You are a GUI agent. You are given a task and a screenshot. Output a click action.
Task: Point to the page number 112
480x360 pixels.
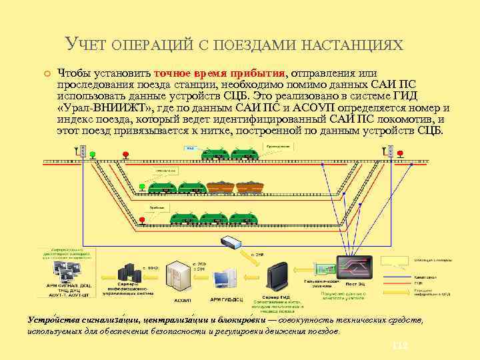400,347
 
